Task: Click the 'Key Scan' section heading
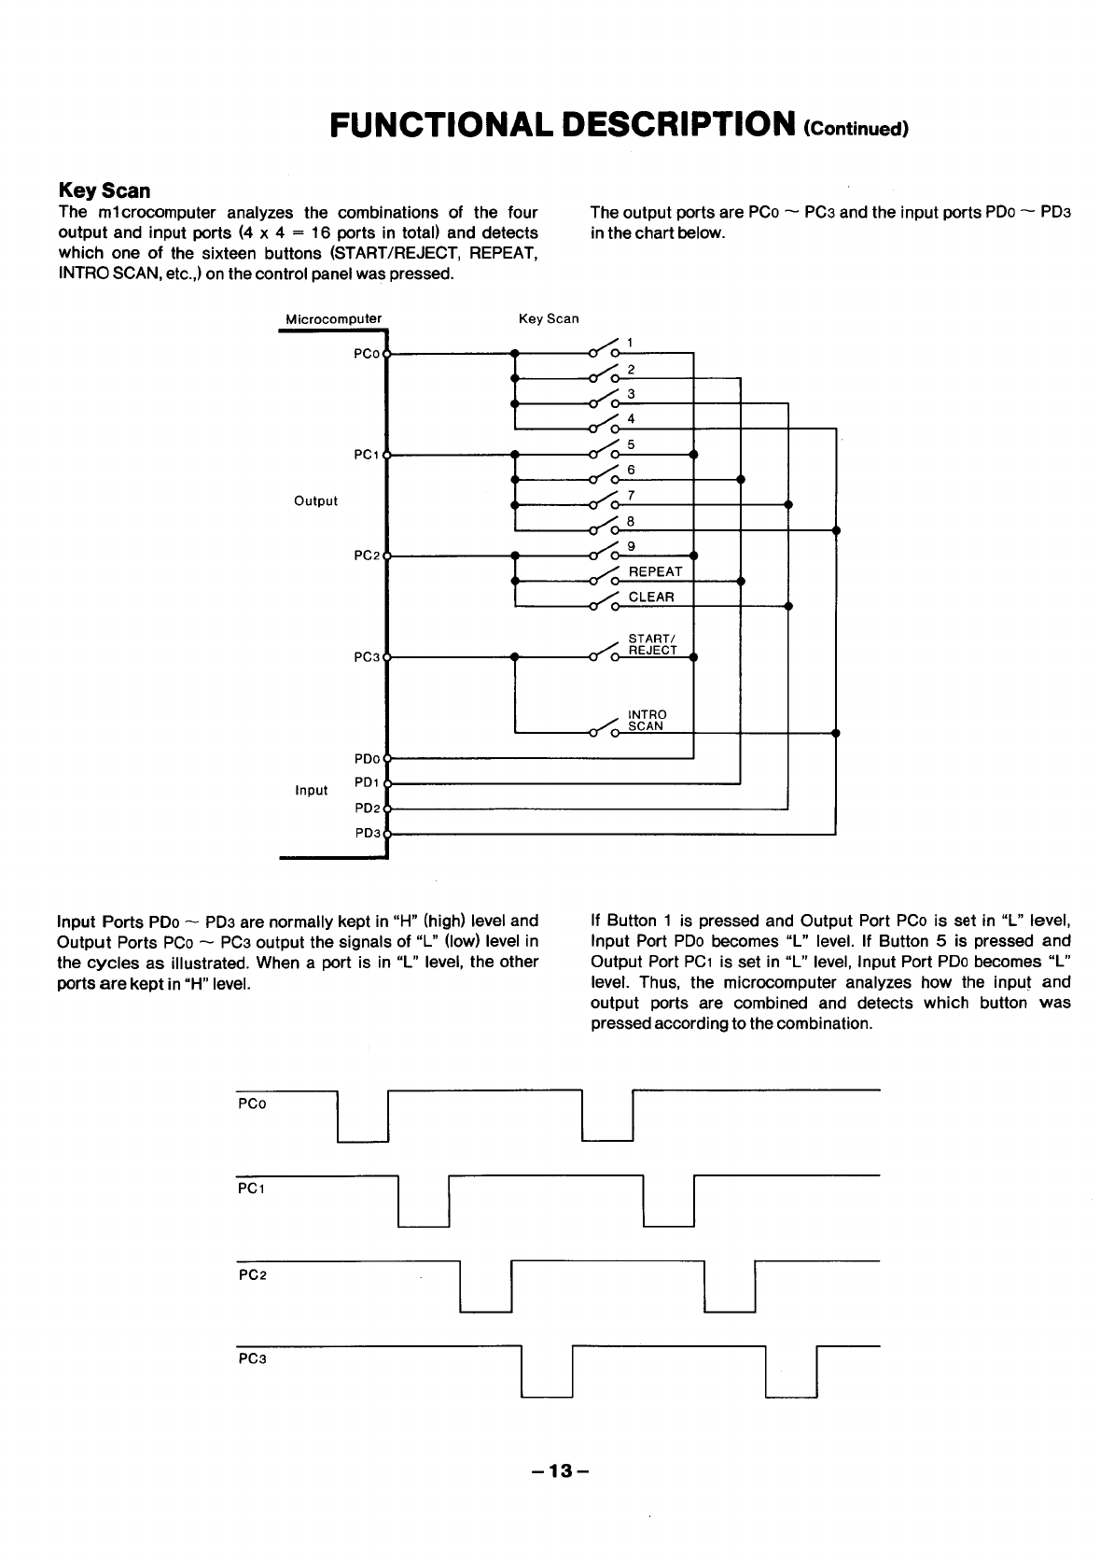point(104,190)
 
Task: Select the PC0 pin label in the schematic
point(367,354)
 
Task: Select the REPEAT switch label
point(655,571)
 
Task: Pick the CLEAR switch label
point(651,597)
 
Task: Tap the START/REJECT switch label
point(652,644)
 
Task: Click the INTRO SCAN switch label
point(647,720)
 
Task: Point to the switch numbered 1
point(630,343)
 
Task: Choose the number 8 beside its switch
point(631,520)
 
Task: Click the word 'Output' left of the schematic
point(315,501)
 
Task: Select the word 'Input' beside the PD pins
point(311,791)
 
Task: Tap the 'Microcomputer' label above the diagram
point(333,318)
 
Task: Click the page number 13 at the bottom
point(559,1471)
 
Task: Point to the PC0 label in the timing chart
point(252,1104)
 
